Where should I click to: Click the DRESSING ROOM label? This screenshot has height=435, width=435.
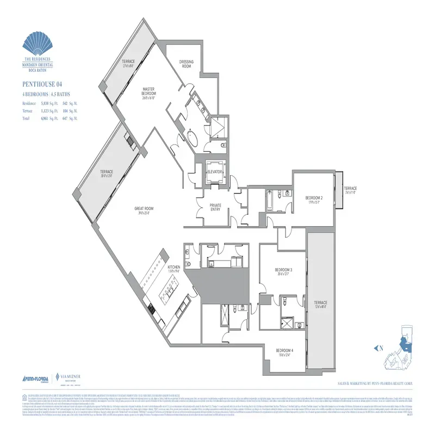click(186, 64)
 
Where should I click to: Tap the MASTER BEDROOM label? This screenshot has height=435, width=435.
click(150, 93)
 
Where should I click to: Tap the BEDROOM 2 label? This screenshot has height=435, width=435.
click(314, 198)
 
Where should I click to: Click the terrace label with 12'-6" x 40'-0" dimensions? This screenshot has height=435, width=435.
click(319, 304)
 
